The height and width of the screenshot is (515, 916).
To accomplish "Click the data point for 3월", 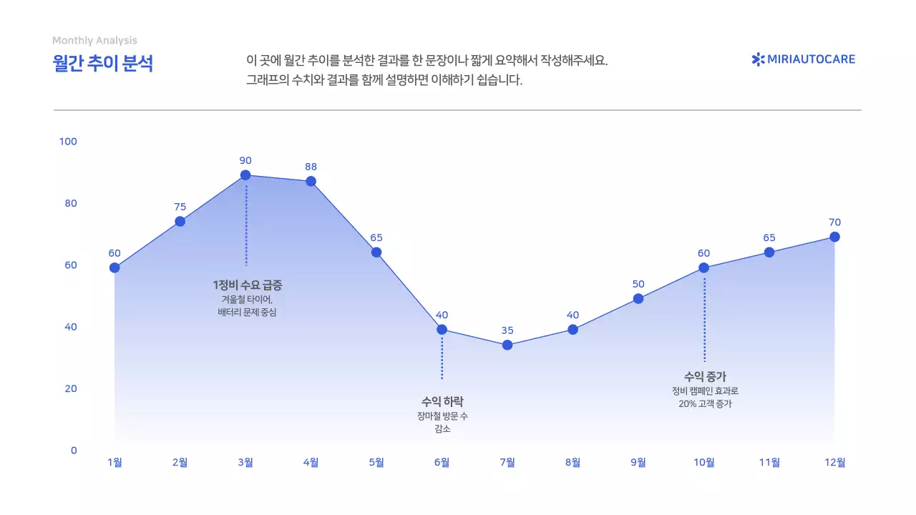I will pos(245,175).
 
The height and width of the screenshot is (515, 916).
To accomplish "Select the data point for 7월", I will pos(507,345).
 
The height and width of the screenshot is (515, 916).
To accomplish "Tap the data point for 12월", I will pos(834,237).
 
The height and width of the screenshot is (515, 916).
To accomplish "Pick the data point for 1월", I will pos(114,268).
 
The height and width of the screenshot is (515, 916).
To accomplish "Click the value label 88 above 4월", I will pos(311,167).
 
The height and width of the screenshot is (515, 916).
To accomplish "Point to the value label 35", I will pos(507,330).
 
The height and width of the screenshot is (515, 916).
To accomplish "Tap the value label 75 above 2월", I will pos(180,207).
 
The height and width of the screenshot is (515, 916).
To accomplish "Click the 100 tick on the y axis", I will pos(68,142).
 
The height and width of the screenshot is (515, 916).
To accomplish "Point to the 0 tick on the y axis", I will pos(73,450).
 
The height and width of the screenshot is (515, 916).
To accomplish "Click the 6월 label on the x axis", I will pos(442,462).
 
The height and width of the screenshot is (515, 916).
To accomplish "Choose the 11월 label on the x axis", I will pos(769,462).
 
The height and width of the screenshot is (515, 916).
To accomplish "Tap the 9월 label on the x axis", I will pos(638,462).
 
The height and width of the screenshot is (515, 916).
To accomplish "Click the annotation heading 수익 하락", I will pos(442,401).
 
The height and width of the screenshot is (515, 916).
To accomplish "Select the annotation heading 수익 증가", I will pos(705,376).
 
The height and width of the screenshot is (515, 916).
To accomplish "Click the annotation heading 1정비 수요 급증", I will pos(248,285).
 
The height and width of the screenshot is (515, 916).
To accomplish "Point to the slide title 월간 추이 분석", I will pos(103,63).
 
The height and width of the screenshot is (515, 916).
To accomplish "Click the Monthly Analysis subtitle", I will pos(94,41).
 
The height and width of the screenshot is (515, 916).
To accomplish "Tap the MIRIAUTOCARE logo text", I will pos(811,59).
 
